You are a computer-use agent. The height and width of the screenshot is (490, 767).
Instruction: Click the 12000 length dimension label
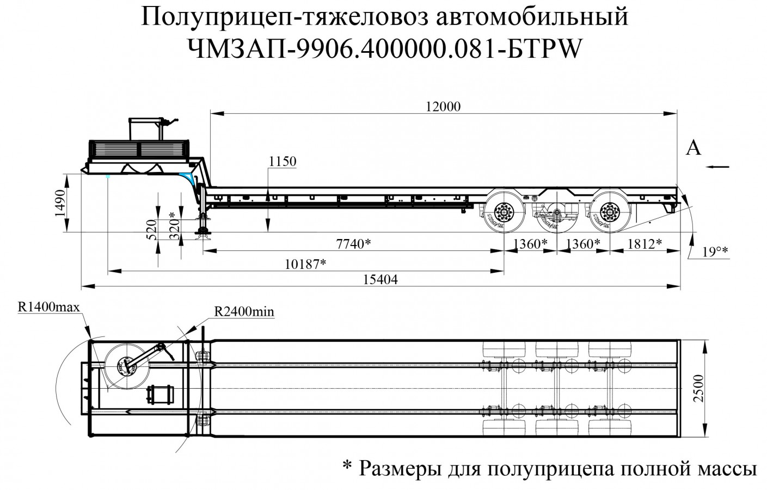tap(444, 106)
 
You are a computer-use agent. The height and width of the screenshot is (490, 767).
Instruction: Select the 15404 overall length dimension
tap(381, 279)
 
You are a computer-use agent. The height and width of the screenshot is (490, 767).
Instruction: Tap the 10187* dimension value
tap(305, 264)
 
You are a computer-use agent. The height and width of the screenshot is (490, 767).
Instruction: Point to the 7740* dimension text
tap(353, 244)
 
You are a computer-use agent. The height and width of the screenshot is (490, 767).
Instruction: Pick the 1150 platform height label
tap(282, 161)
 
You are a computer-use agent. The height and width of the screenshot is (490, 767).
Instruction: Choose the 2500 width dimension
tap(699, 388)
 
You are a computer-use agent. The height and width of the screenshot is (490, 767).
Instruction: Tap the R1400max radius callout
tap(49, 307)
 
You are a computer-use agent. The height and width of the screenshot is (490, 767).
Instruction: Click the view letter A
tap(693, 147)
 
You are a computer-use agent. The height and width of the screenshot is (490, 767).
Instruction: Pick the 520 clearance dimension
tap(152, 229)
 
